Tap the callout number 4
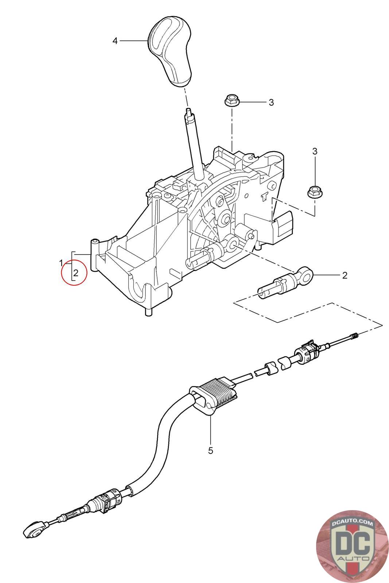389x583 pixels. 115,41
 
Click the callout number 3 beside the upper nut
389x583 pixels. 271,102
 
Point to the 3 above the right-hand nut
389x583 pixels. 315,151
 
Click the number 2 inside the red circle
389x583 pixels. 76,272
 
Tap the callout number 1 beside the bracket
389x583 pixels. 62,262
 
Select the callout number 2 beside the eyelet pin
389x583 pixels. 345,275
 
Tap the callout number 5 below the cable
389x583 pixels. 210,451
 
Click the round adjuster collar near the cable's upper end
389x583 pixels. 304,353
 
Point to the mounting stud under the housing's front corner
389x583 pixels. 148,312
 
